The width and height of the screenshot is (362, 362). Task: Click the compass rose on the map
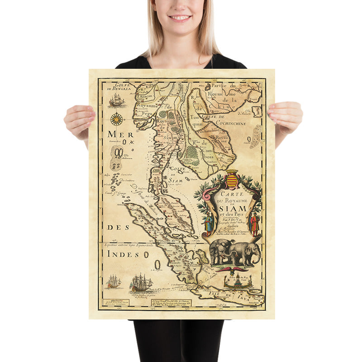[x=117, y=119]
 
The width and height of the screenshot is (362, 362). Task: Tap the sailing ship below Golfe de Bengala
[x=116, y=100]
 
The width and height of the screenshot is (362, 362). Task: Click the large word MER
[x=117, y=134]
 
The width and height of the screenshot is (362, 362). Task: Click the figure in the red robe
[x=253, y=224]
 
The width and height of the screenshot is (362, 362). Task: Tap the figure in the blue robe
[x=208, y=223]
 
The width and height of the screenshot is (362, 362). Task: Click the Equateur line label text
[x=129, y=245]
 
